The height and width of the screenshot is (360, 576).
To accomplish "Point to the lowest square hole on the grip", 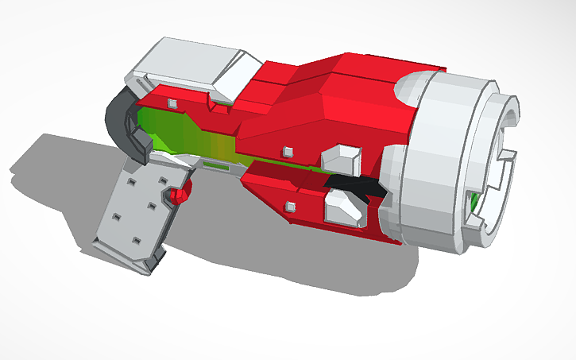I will coord(135,238).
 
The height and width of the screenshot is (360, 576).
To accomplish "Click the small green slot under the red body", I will coord(214,166).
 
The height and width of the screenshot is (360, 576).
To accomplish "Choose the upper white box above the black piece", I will coord(342,156).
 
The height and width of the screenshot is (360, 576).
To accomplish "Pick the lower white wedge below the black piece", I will coord(340,208).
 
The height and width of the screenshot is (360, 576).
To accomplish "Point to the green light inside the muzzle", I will coord(474,202).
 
